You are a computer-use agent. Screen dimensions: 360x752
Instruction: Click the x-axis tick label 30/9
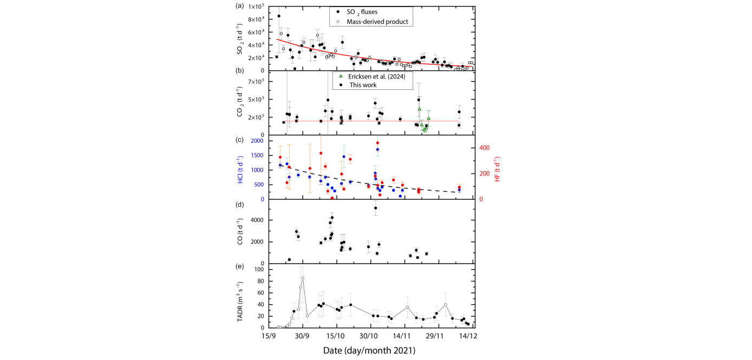[303, 336]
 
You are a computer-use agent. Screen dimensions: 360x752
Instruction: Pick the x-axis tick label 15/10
[336, 336]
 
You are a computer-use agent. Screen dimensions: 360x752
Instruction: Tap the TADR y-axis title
[240, 298]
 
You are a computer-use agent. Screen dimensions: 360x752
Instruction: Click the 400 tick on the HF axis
[485, 147]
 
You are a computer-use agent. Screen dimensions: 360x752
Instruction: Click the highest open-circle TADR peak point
[303, 278]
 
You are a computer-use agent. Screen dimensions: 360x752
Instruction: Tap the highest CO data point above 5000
[376, 208]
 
